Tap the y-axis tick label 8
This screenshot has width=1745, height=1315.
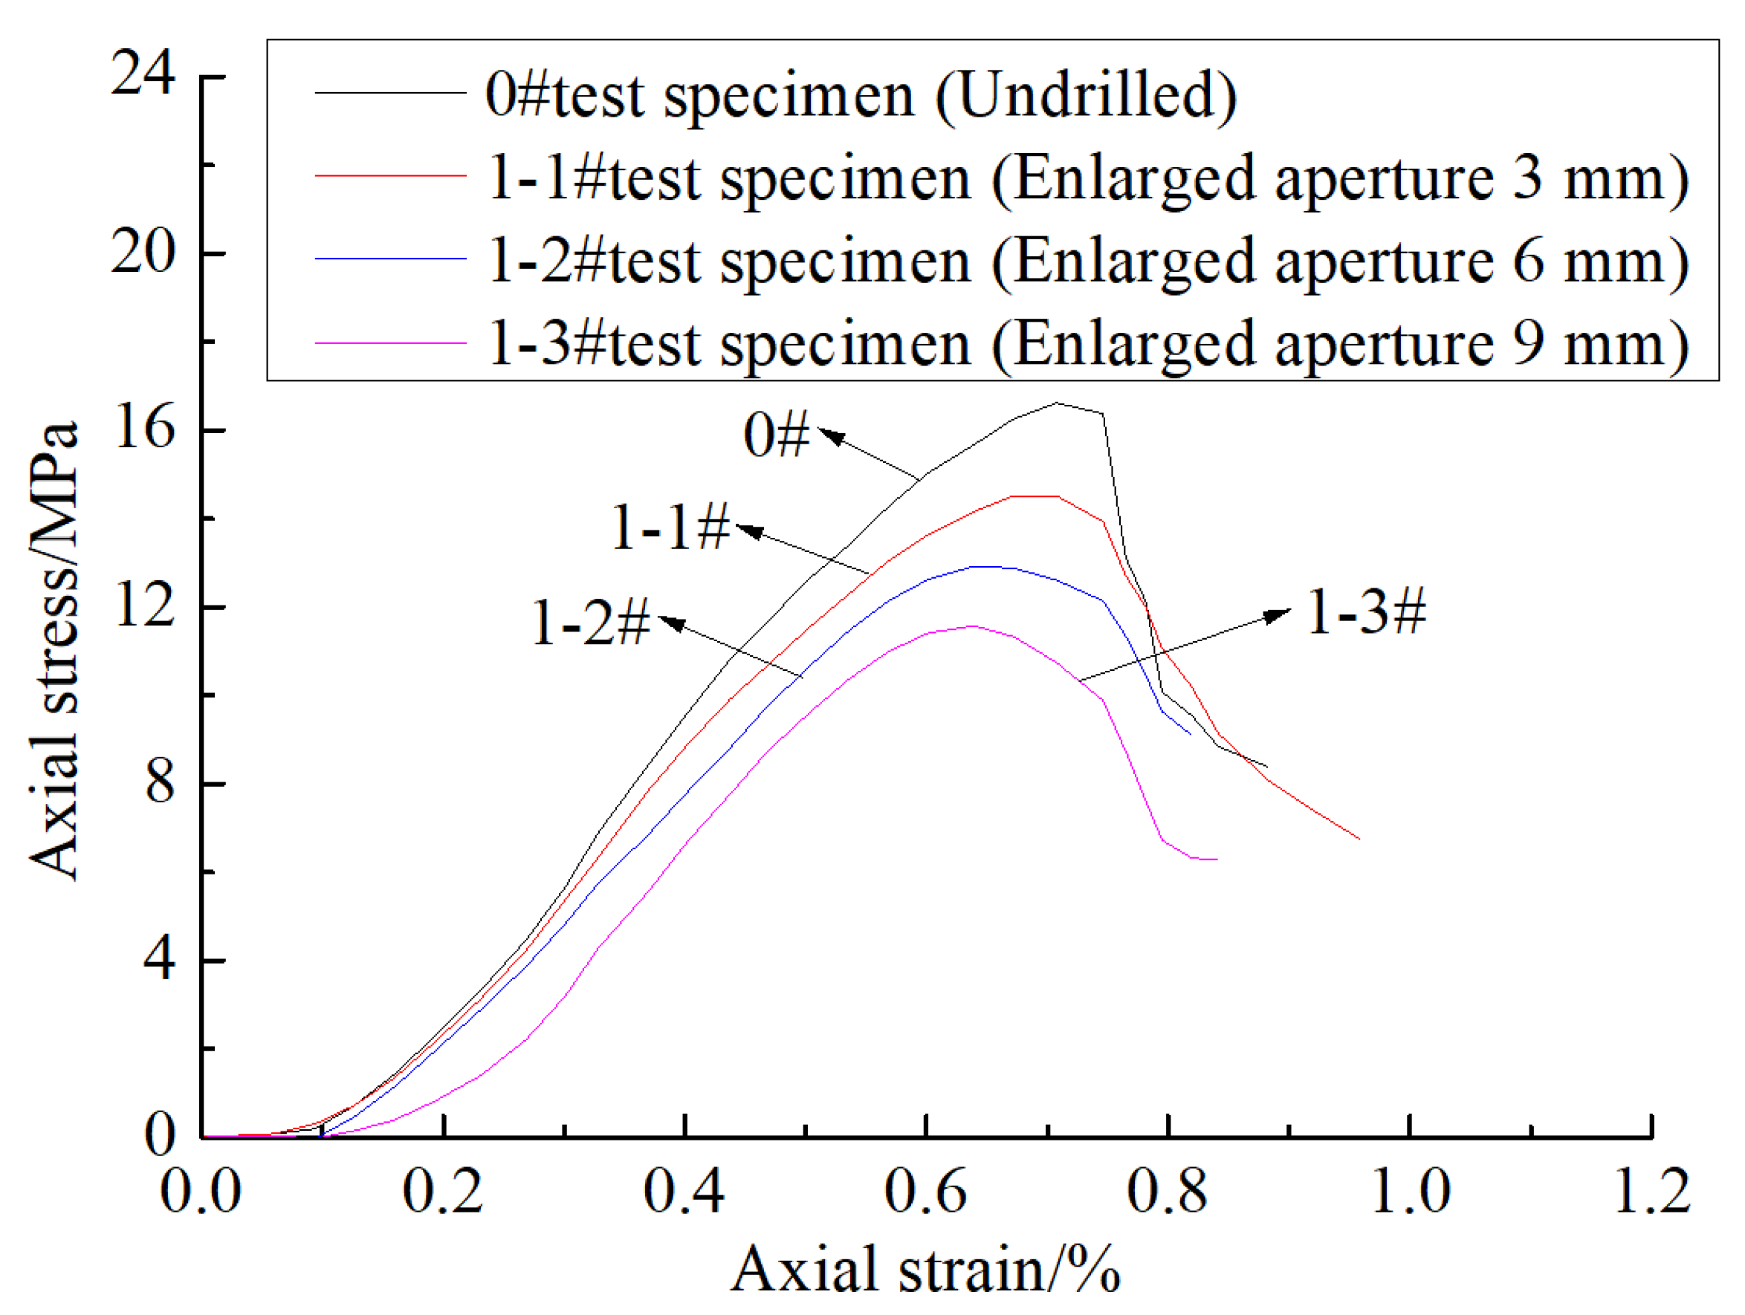tap(159, 782)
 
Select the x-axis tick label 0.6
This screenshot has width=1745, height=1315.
tap(925, 1190)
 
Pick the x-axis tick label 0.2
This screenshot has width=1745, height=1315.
tap(441, 1190)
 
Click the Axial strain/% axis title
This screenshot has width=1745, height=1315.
tap(925, 1269)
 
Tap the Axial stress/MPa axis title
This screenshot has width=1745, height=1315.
tap(54, 651)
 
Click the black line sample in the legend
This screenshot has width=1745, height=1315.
tap(390, 93)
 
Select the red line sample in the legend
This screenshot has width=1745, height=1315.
tap(390, 175)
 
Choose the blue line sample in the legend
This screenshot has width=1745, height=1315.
tap(390, 259)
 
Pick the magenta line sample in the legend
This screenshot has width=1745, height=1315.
tap(390, 342)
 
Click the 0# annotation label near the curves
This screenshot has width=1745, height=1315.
tap(777, 435)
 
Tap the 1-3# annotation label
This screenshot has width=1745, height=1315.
tap(1366, 612)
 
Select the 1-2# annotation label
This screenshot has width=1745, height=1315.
tap(590, 623)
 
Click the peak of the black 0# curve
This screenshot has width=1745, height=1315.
tap(1057, 403)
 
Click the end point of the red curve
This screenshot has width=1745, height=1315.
tap(1359, 839)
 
